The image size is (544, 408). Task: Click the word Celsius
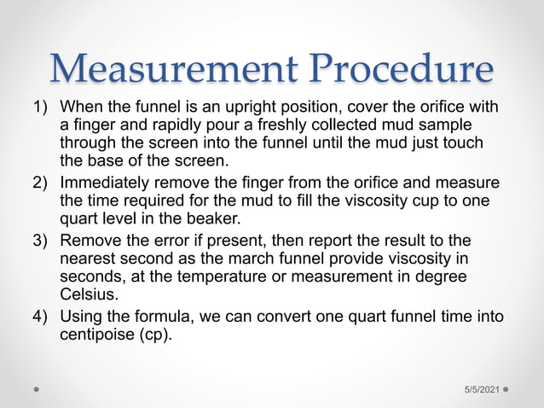click(86, 293)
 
